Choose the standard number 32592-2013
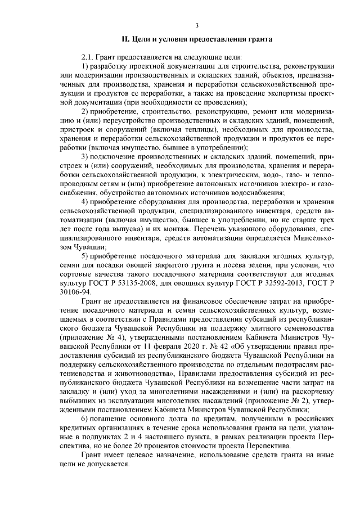(277, 283)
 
